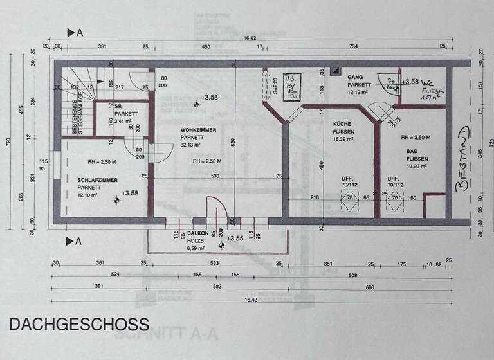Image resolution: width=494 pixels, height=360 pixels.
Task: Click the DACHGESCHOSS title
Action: pyautogui.click(x=79, y=324)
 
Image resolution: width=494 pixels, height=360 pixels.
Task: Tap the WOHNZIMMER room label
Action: pyautogui.click(x=198, y=129)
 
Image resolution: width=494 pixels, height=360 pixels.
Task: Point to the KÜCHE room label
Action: pyautogui.click(x=341, y=123)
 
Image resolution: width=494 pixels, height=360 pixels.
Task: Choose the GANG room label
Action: pyautogui.click(x=356, y=76)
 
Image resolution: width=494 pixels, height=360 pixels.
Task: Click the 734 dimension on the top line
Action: pyautogui.click(x=354, y=47)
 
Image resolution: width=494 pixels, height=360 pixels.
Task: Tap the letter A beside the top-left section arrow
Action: pyautogui.click(x=79, y=32)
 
